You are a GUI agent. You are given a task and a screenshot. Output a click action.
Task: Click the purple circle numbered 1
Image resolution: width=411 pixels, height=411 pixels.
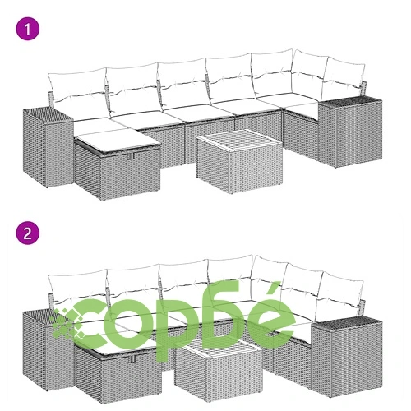28,29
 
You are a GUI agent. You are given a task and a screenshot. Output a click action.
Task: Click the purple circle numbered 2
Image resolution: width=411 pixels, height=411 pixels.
28,233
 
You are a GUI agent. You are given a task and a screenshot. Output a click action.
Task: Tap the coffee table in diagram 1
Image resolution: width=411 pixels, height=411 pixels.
239,161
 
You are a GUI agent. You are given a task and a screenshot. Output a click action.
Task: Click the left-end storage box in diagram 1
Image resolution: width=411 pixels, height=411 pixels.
48,147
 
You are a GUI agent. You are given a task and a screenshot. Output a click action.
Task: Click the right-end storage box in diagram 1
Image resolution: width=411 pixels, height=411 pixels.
350,132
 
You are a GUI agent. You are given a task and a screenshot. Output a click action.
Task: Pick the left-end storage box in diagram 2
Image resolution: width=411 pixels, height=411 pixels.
47,349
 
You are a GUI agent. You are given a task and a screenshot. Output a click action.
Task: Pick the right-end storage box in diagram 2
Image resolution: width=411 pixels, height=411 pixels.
347,358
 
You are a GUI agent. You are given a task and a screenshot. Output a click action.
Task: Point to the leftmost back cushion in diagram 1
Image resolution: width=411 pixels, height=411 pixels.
77,88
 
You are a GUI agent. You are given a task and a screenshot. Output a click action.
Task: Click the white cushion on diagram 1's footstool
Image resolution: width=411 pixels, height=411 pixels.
117,141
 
